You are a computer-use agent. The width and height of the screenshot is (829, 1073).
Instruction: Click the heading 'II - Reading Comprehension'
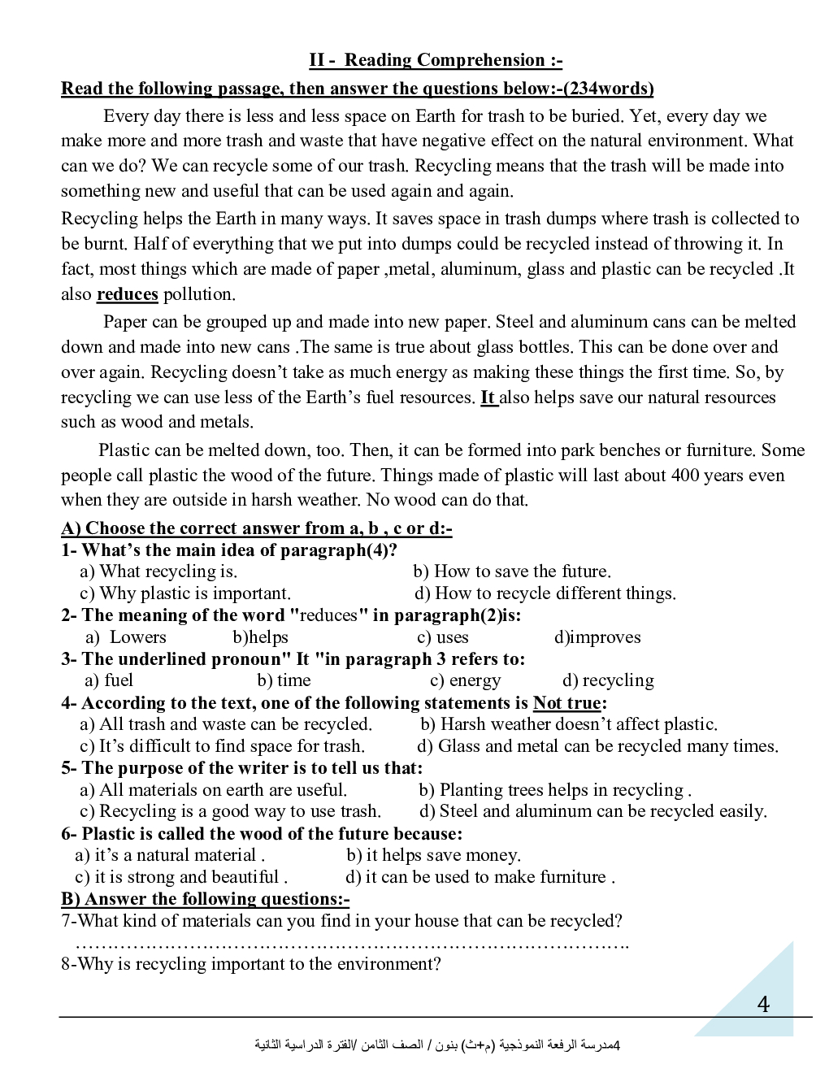pos(435,60)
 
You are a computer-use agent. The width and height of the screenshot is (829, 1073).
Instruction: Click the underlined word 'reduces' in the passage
pos(127,294)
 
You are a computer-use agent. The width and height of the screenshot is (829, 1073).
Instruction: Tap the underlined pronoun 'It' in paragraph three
pos(488,397)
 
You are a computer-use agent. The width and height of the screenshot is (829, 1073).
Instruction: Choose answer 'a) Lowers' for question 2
pos(126,637)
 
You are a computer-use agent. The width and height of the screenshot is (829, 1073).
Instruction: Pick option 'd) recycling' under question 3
pos(608,680)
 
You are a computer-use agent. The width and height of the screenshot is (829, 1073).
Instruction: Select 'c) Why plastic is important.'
pos(185,593)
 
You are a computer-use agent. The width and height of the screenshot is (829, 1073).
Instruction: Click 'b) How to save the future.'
pos(512,571)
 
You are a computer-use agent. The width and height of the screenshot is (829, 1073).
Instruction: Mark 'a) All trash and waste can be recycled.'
pos(226,724)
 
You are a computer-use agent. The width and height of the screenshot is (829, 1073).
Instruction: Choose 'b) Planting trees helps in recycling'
pos(555,790)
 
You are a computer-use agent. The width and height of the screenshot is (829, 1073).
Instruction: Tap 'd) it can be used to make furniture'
pos(480,877)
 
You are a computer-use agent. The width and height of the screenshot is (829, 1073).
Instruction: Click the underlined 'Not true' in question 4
pos(566,703)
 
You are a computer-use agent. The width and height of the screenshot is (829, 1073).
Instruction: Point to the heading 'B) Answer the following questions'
pos(206,899)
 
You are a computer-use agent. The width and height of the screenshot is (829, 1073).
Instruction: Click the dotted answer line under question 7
pos(352,944)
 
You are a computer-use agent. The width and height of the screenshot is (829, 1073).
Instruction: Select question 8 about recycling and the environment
pos(251,964)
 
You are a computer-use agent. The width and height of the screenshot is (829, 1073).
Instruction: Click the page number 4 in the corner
pos(763,1005)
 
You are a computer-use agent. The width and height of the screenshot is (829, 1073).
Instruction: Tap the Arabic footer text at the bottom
pos(437,1045)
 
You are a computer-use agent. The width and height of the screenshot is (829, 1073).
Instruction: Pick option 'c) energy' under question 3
pos(466,680)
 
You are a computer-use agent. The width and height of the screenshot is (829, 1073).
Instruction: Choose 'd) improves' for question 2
pos(597,637)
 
